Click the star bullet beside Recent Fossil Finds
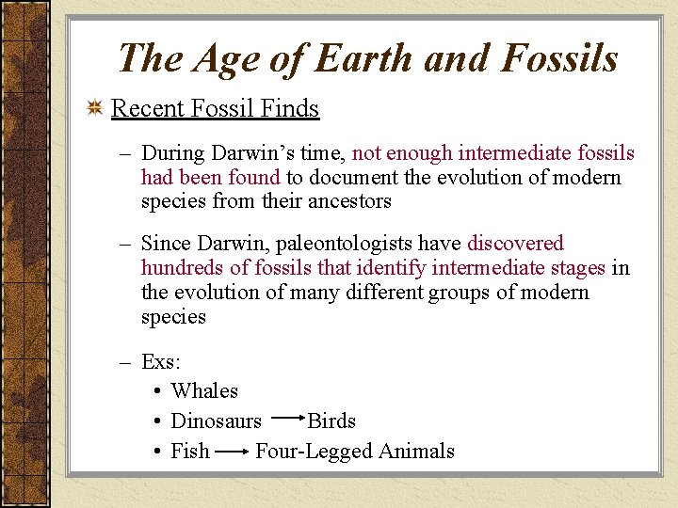point(95,109)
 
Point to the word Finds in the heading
point(287,109)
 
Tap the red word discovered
point(515,244)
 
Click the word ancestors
point(348,201)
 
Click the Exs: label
point(160,361)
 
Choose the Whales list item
point(204,390)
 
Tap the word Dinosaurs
point(216,421)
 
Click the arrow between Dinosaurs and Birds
point(285,415)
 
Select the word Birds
point(331,421)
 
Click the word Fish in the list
point(190,451)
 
